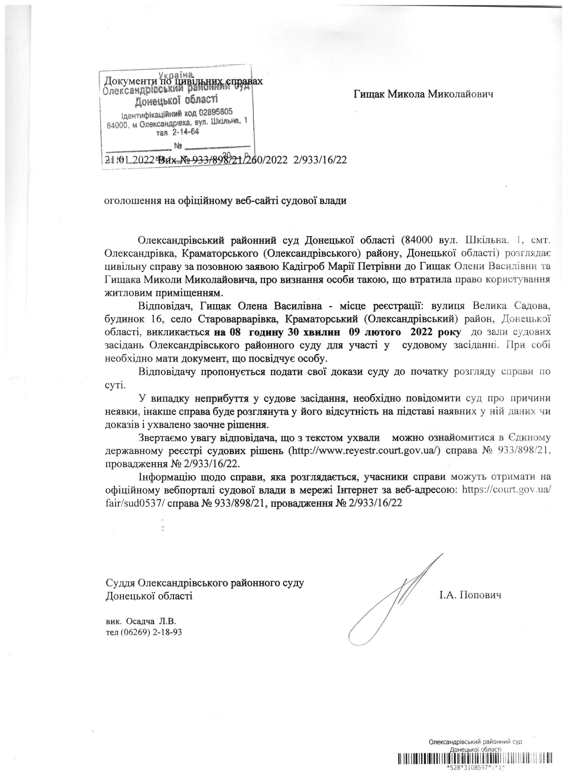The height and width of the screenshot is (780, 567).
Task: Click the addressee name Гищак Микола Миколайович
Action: [x=423, y=94]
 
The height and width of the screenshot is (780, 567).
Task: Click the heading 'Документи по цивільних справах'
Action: [x=184, y=81]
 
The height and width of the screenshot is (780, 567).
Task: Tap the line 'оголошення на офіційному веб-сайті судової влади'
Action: [x=225, y=201]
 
